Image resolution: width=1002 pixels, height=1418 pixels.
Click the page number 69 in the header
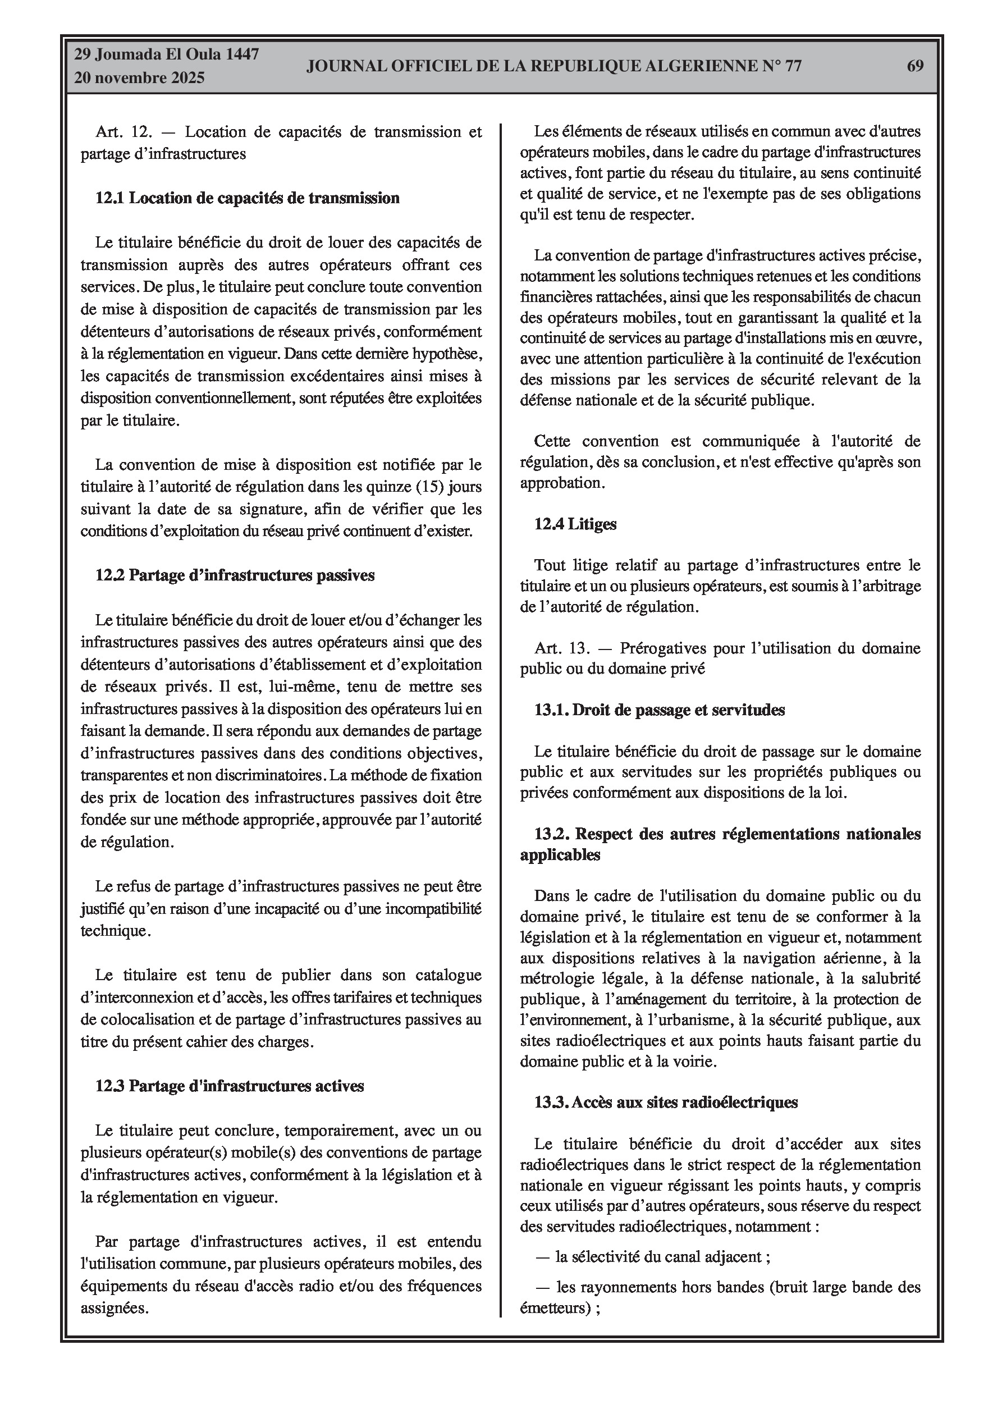915,66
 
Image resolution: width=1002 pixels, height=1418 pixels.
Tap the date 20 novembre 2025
139,79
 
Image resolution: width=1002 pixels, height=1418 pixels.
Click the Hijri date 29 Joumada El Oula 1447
166,54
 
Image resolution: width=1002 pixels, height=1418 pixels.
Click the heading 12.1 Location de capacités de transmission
247,198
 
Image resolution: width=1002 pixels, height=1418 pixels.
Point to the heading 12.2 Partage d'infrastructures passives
235,575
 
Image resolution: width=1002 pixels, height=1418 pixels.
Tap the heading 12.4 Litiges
575,524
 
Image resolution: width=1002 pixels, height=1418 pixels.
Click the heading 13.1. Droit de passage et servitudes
659,710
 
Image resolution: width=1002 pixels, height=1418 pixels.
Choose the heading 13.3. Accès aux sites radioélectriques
665,1103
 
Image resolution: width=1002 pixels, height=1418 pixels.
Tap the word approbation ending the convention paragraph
561,483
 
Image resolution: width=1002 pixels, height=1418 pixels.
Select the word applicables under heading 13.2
560,856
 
